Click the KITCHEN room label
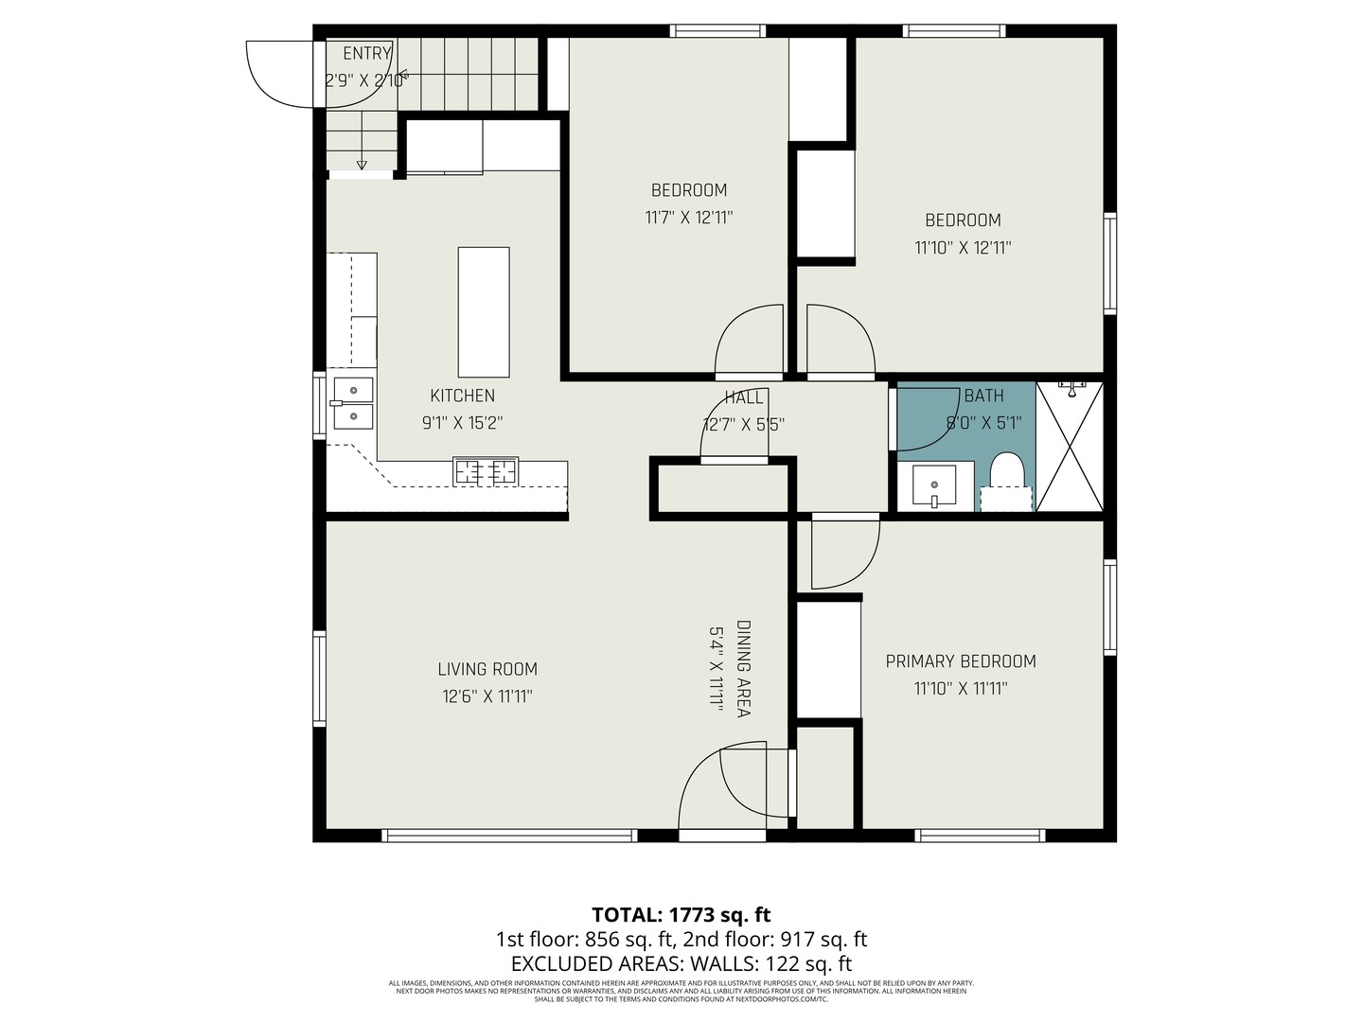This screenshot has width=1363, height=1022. click(462, 396)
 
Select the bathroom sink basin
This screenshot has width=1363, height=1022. click(934, 486)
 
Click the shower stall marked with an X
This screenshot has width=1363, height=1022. click(1071, 446)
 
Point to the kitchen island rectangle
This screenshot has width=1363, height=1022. click(483, 312)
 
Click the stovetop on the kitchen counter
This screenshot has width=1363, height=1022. click(486, 470)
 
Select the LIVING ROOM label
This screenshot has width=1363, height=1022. click(487, 669)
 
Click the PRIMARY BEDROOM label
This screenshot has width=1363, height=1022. click(961, 661)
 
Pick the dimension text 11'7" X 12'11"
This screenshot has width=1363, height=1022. click(689, 218)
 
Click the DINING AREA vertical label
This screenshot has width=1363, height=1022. click(744, 668)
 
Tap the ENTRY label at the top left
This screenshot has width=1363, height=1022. click(366, 54)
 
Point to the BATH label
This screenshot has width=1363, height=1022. click(983, 396)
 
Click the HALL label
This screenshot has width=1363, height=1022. click(744, 397)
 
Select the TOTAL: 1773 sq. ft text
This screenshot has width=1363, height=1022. click(681, 915)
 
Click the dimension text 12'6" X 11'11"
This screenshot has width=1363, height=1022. click(487, 697)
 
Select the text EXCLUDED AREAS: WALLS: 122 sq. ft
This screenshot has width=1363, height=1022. click(681, 964)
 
